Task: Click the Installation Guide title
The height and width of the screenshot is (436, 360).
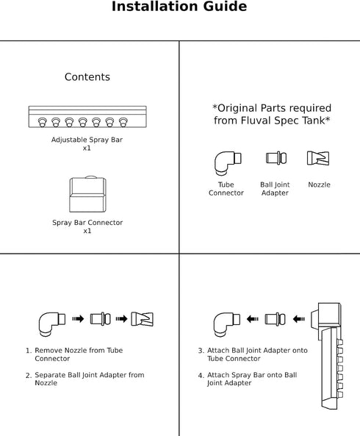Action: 179,7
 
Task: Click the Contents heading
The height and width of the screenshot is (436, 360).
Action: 87,77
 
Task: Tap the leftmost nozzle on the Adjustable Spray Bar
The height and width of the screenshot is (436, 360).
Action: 42,122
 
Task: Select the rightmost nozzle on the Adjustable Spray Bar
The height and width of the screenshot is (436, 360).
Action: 123,122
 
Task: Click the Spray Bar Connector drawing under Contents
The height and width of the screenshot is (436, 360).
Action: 87,194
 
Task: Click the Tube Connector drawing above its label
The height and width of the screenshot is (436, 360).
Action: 228,163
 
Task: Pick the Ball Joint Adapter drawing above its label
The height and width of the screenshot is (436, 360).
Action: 276,158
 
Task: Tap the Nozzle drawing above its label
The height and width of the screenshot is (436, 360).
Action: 318,158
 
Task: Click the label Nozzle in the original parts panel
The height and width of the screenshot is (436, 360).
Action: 319,185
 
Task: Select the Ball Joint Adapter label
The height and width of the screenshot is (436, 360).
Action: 275,189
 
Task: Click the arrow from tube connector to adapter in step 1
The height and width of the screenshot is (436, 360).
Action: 78,318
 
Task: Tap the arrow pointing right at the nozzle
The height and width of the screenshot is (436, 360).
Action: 121,318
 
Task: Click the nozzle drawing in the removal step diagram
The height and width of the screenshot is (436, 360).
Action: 142,319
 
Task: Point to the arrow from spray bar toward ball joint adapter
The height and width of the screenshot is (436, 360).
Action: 299,319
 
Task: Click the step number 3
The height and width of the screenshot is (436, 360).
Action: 201,351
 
